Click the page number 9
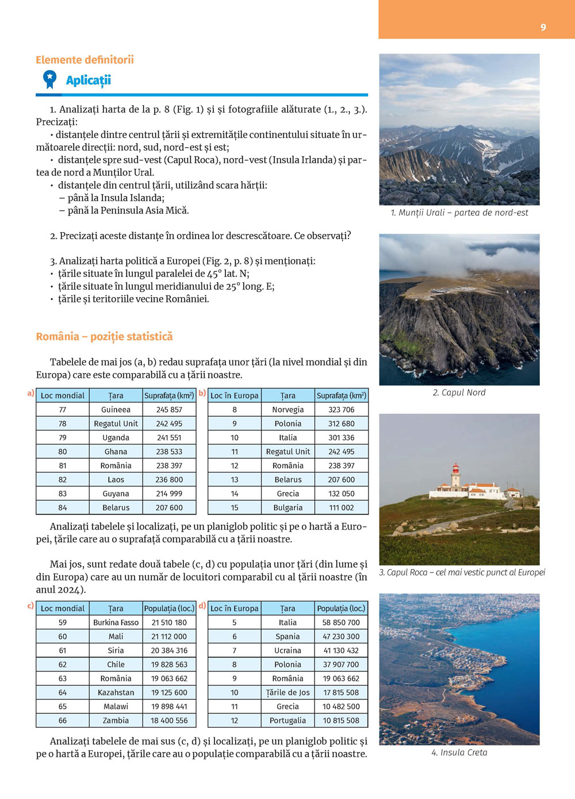[x=543, y=28]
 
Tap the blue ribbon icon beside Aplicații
[x=50, y=79]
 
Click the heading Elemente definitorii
[x=85, y=60]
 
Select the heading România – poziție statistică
[x=104, y=337]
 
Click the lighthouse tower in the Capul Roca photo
[x=455, y=476]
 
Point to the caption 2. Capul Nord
[x=459, y=393]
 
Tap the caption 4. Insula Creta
[x=459, y=752]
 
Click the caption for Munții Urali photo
[x=459, y=213]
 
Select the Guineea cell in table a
[x=116, y=410]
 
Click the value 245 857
[x=169, y=410]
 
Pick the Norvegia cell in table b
[x=287, y=410]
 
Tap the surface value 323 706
[x=341, y=410]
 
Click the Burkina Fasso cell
[x=116, y=623]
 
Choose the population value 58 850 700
[x=341, y=623]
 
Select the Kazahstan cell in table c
[x=116, y=693]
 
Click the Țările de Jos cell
[x=287, y=693]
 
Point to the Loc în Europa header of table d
[x=234, y=609]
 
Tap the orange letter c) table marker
[x=30, y=606]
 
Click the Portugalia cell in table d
[x=287, y=721]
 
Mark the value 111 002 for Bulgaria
[x=341, y=508]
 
